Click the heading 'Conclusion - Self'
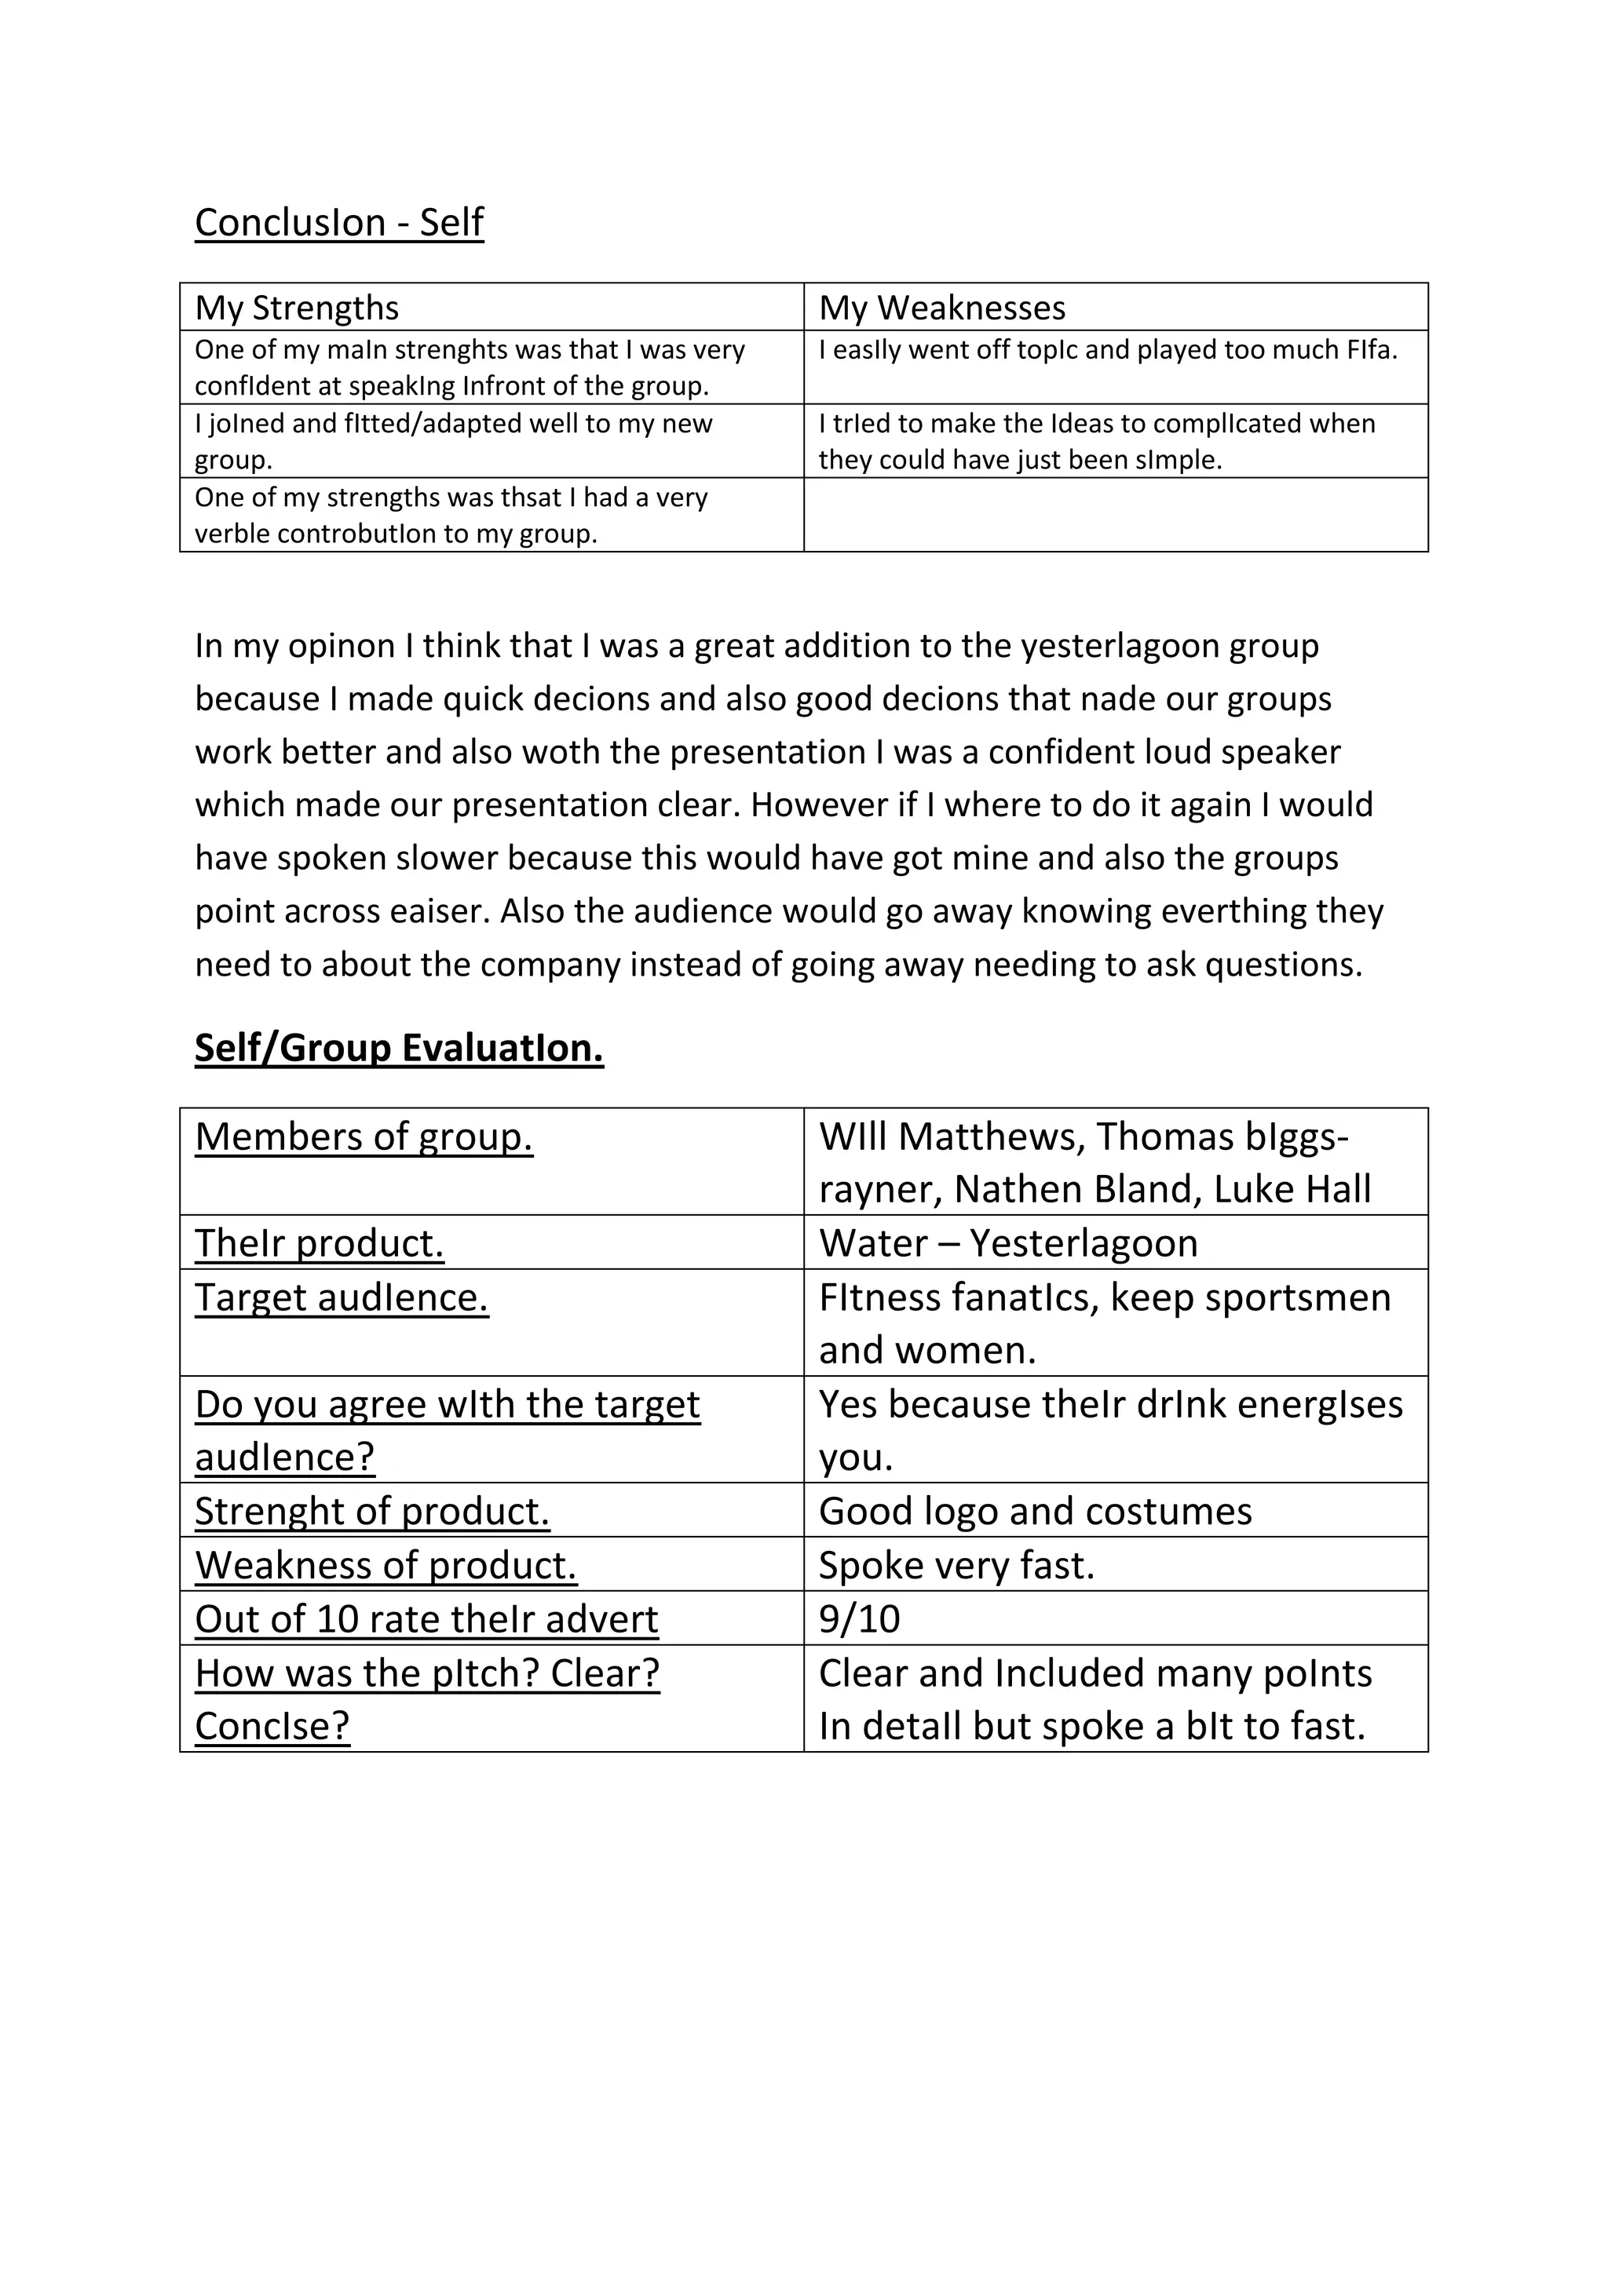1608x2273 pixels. pos(338,223)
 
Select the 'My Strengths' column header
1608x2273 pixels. pos(296,308)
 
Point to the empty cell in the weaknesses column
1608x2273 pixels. pos(1115,515)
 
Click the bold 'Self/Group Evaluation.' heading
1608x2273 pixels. pos(398,1047)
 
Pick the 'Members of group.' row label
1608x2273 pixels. pos(364,1136)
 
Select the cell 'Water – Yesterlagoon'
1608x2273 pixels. pos(1007,1242)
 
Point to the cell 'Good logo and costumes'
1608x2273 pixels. pos(1035,1511)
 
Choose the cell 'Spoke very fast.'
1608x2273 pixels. pos(956,1565)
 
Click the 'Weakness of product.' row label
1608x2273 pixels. pos(386,1565)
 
